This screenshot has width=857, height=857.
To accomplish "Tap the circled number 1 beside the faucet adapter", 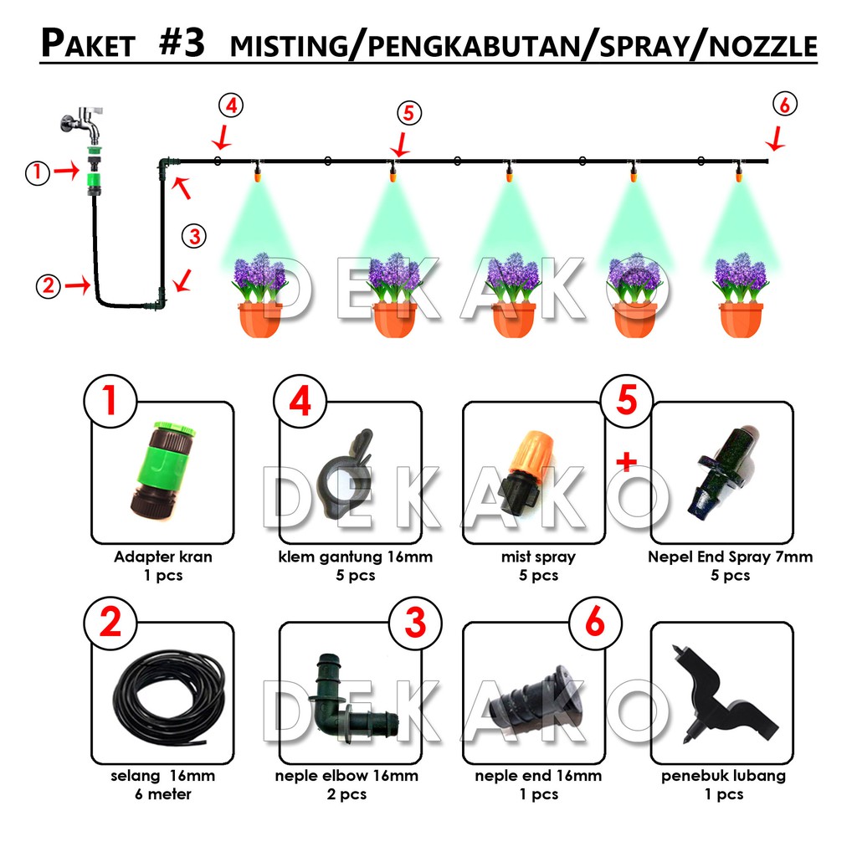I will coord(36,172).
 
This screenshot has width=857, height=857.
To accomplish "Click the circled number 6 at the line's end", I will coord(785,105).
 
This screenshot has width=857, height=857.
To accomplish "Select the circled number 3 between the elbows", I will coord(195,236).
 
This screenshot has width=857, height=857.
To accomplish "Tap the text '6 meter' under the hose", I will coord(162,794).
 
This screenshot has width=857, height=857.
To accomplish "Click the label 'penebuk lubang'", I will coord(723,776).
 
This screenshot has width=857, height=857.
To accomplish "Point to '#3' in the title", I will coord(181,44).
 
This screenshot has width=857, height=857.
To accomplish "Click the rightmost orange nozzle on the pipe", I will coord(739,173).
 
